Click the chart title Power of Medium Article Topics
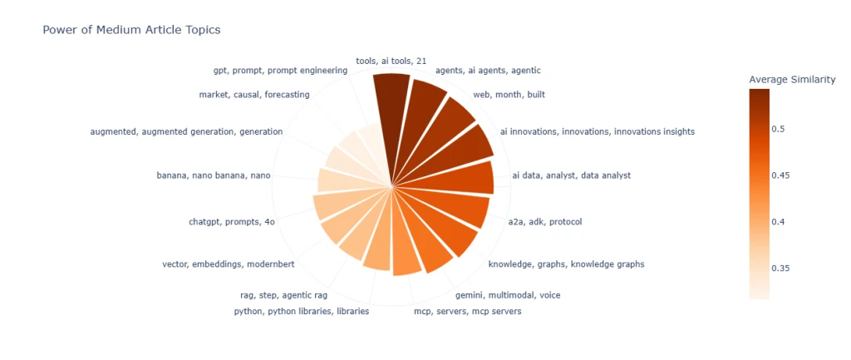(131, 30)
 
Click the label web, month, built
(509, 95)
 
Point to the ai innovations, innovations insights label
(597, 131)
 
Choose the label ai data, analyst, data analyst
(571, 175)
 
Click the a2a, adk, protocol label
(545, 222)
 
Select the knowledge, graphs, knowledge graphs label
(566, 264)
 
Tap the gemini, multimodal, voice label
(502, 294)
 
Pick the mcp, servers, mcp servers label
(468, 312)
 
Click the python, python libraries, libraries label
(302, 312)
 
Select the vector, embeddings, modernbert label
(228, 264)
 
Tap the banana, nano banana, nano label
(213, 175)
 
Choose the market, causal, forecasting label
(254, 95)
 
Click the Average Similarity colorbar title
(792, 80)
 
